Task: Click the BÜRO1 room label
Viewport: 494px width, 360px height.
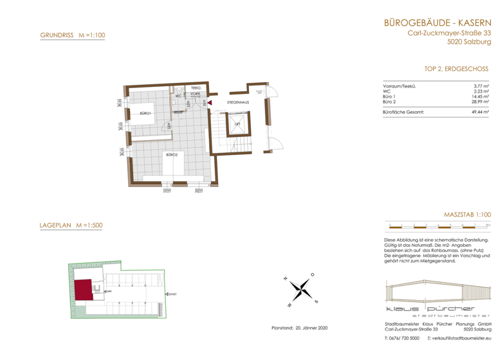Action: point(145,114)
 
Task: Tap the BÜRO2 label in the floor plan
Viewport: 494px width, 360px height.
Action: point(171,155)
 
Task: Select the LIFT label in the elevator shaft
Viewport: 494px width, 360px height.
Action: point(237,123)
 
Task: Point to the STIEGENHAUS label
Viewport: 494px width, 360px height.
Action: point(237,102)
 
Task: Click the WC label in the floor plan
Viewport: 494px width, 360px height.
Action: point(178,96)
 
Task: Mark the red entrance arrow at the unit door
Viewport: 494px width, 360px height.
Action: point(209,102)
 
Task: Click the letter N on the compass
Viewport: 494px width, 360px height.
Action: point(286,279)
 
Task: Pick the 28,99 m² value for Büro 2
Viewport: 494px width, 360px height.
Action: point(480,102)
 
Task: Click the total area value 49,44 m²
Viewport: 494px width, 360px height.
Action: point(480,112)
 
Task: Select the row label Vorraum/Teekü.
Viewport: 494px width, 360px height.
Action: point(399,85)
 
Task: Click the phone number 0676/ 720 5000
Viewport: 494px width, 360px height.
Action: point(401,337)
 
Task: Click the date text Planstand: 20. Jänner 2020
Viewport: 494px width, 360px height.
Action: point(300,328)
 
